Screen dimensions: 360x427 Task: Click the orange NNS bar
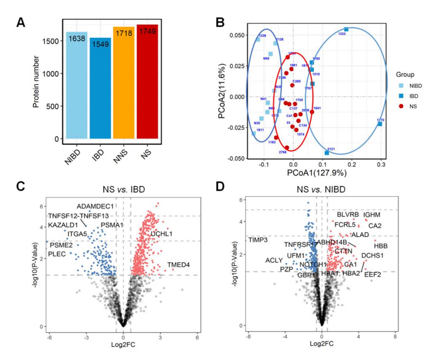pos(123,83)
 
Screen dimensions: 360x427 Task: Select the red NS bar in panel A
pos(147,83)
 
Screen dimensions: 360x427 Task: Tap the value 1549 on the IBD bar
pos(100,45)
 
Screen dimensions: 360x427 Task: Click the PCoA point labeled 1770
pos(380,124)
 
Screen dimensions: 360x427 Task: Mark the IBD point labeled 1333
pos(346,29)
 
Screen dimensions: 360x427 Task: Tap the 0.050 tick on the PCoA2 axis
pos(237,35)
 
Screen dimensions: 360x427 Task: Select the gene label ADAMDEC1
pos(95,206)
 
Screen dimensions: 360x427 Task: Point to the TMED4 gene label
pos(178,265)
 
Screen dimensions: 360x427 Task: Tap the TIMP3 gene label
pos(258,240)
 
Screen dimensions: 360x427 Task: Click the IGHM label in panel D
pos(372,215)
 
